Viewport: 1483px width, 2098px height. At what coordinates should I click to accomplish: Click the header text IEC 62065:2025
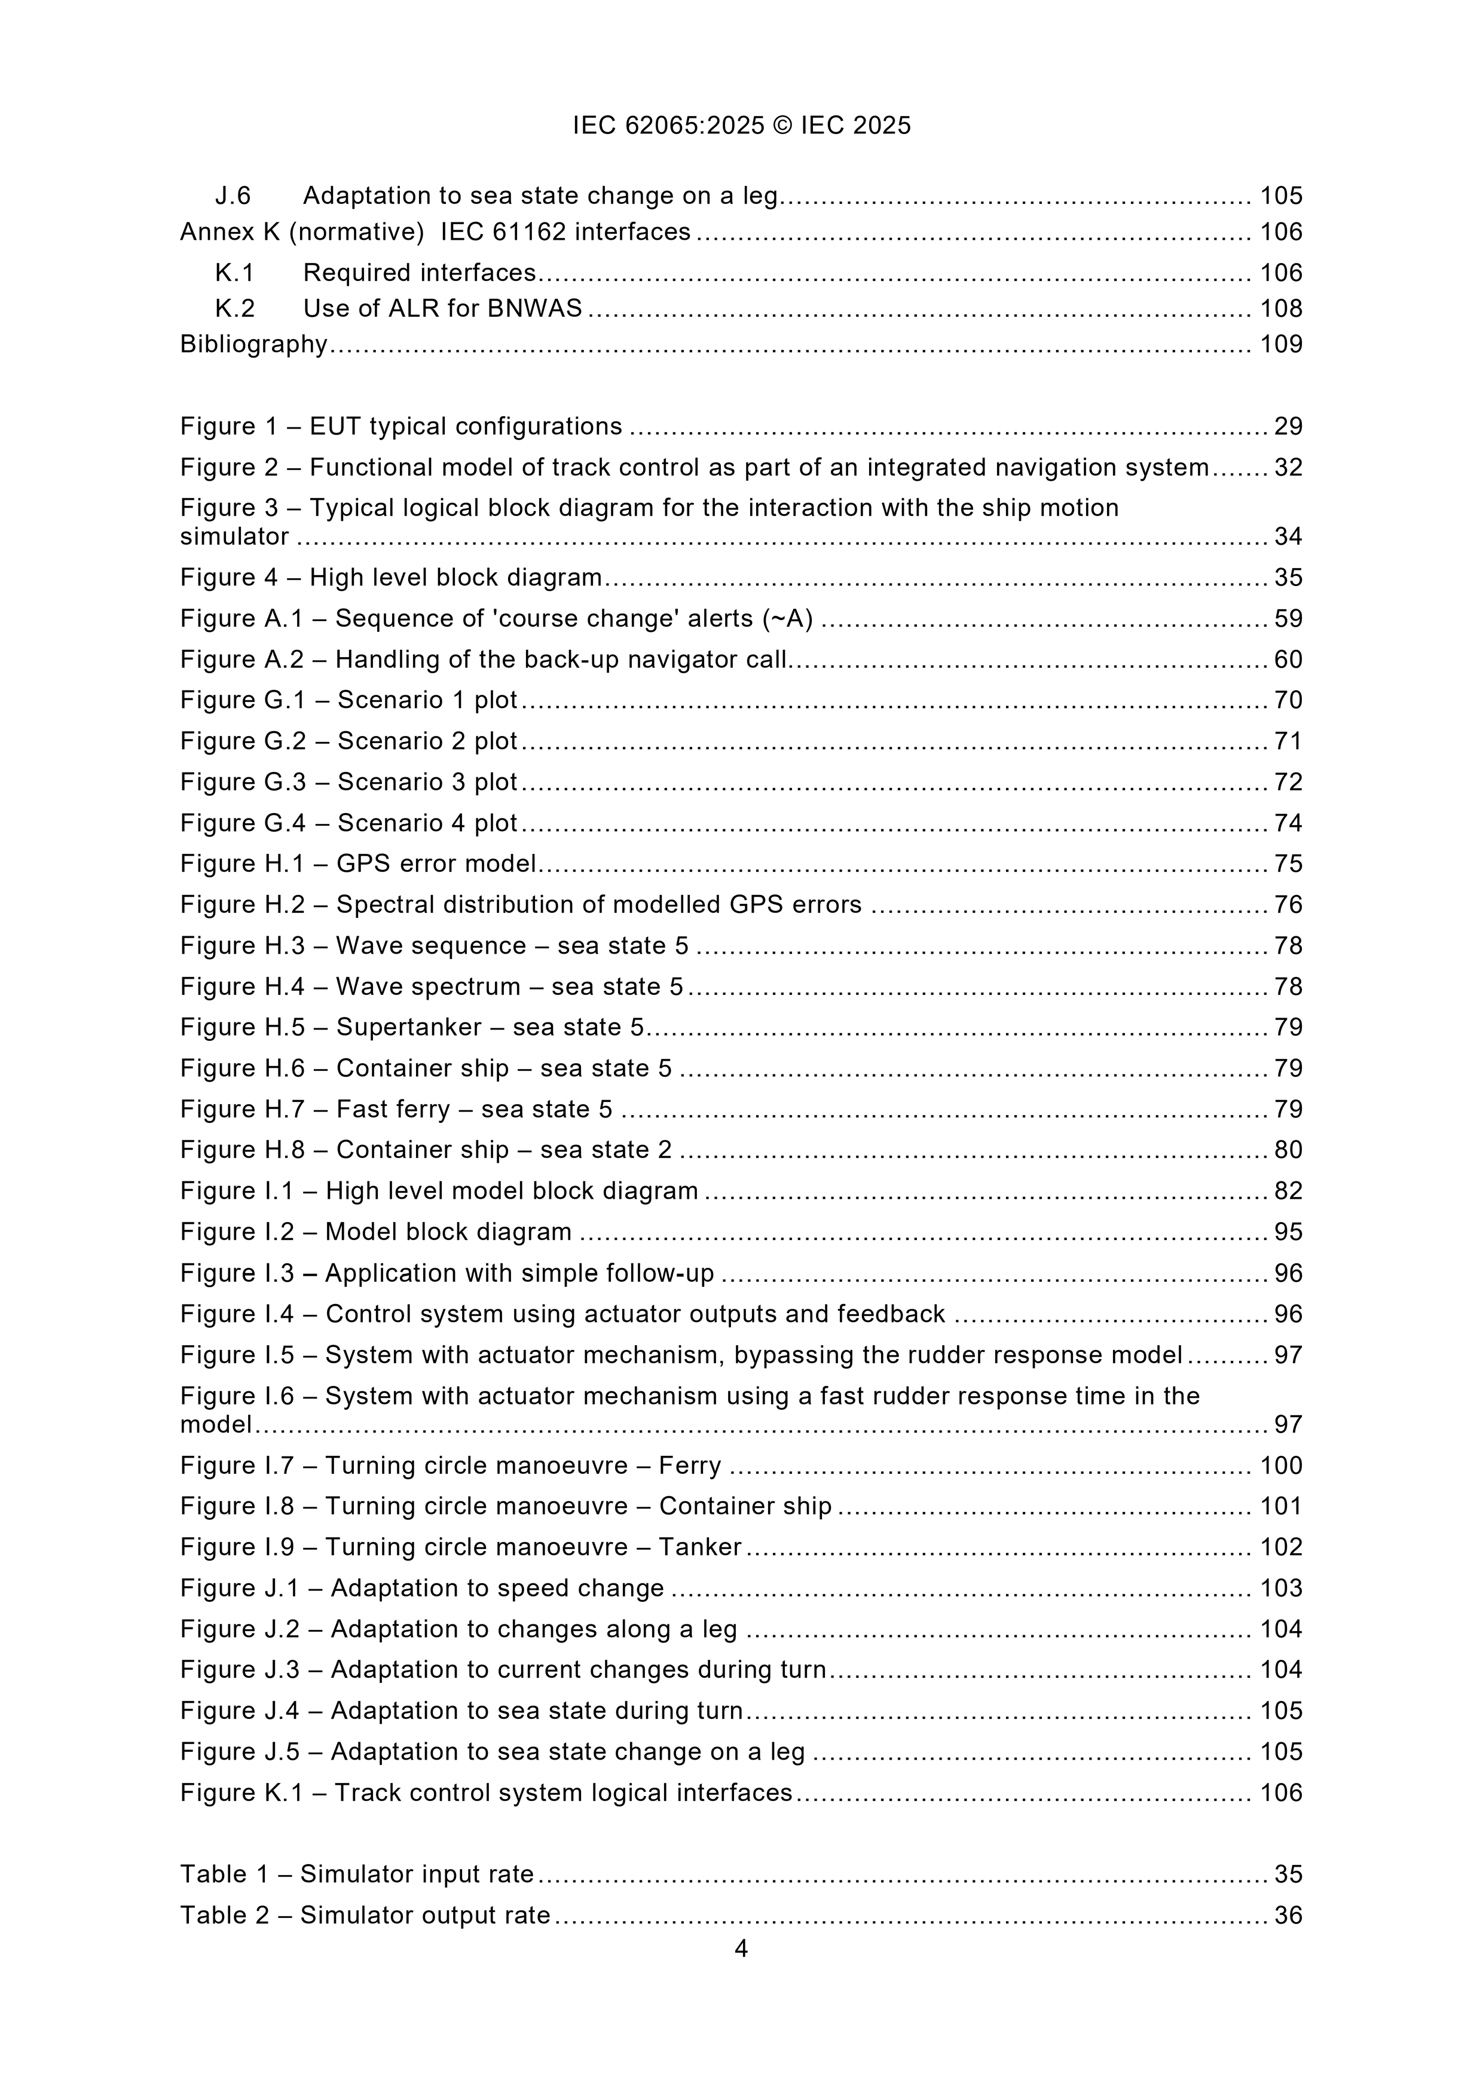[x=668, y=125]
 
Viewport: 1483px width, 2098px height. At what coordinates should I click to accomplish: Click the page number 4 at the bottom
[x=741, y=1949]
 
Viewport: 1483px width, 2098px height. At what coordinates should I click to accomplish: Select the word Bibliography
[x=253, y=344]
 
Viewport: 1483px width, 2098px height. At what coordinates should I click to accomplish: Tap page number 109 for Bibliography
[x=1281, y=344]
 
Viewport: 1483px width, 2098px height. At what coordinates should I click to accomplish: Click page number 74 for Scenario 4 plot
[x=1288, y=823]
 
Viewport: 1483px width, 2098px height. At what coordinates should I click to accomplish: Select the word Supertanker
[x=408, y=1027]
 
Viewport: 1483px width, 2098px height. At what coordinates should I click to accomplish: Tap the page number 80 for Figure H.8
[x=1288, y=1150]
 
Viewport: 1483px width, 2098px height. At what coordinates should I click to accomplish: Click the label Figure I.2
[x=237, y=1232]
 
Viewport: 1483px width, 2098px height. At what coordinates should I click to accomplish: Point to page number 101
[x=1281, y=1506]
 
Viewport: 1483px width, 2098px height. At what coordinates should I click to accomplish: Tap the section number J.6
[x=233, y=196]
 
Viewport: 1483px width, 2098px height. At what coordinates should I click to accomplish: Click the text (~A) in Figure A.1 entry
[x=787, y=619]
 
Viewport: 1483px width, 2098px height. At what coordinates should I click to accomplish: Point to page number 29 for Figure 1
[x=1288, y=427]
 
